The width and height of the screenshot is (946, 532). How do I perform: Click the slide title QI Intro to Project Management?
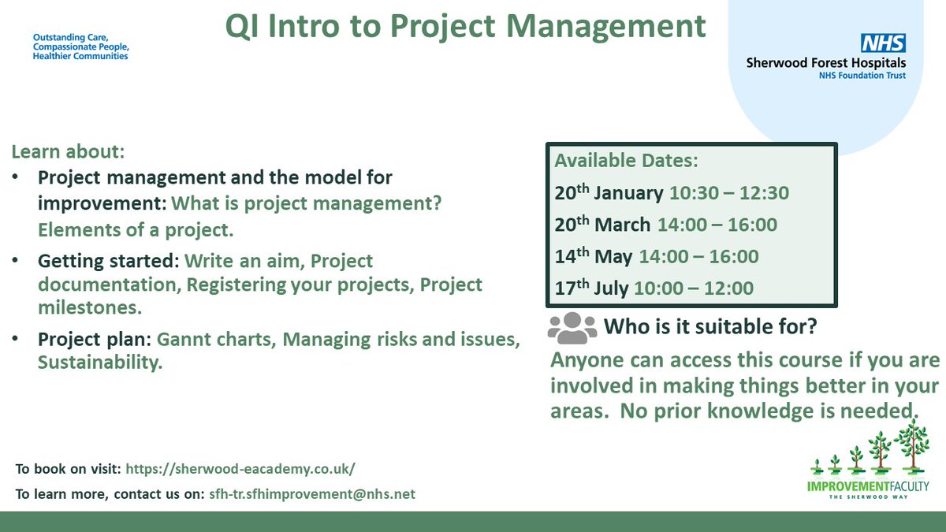pos(466,27)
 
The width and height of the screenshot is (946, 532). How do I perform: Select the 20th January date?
pos(609,193)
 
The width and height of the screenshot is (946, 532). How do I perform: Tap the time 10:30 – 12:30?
pos(729,193)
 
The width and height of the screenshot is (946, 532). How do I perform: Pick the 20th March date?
pos(602,225)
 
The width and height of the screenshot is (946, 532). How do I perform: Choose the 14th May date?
pos(594,256)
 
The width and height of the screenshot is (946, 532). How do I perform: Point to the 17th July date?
pos(591,288)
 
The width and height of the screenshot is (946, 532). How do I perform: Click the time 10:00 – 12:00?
pos(694,288)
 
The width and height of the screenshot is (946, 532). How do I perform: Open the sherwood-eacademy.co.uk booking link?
pos(240,468)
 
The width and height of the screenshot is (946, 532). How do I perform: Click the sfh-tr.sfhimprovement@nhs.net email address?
pos(311,494)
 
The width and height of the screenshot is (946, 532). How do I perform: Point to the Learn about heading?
pos(68,151)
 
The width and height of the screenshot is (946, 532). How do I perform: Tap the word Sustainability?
pos(100,363)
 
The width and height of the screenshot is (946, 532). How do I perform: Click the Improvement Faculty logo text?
pos(868,486)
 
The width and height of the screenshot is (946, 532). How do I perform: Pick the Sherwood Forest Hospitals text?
pos(826,63)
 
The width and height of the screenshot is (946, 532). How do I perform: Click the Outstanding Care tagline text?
pos(80,47)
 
